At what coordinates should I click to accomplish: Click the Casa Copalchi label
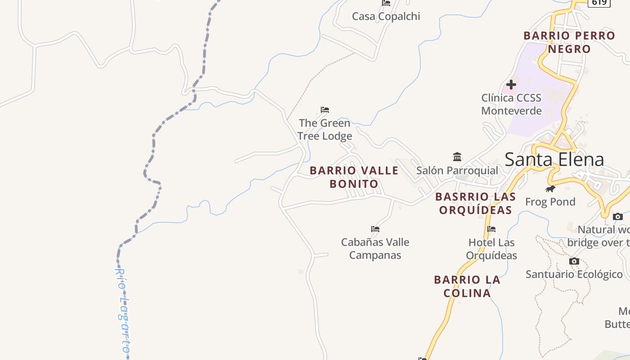coord(386,17)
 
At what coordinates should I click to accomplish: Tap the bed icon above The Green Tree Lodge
coord(325,110)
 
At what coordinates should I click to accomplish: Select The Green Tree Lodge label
coord(324,130)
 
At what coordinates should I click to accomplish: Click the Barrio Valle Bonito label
coord(354,177)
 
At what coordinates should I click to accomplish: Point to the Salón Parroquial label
coord(457,171)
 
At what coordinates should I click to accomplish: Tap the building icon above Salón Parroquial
coord(457,157)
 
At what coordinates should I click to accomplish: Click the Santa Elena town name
coord(554,160)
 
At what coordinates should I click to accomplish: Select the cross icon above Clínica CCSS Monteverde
coord(511,84)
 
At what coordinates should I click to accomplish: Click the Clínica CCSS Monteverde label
coord(511,104)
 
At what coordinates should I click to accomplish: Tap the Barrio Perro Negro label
coord(569,42)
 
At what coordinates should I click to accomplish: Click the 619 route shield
coord(599,3)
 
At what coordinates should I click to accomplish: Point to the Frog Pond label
coord(550,202)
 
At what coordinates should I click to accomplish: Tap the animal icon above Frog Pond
coord(550,189)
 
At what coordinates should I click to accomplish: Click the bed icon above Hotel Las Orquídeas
coord(491,229)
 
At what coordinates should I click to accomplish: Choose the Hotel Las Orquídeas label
coord(491,249)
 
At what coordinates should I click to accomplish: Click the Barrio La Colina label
coord(467,286)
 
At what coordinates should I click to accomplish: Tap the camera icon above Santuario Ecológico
coord(574,261)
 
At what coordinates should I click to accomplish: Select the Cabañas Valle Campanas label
coord(375,248)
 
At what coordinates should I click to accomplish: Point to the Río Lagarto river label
coord(122,310)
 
